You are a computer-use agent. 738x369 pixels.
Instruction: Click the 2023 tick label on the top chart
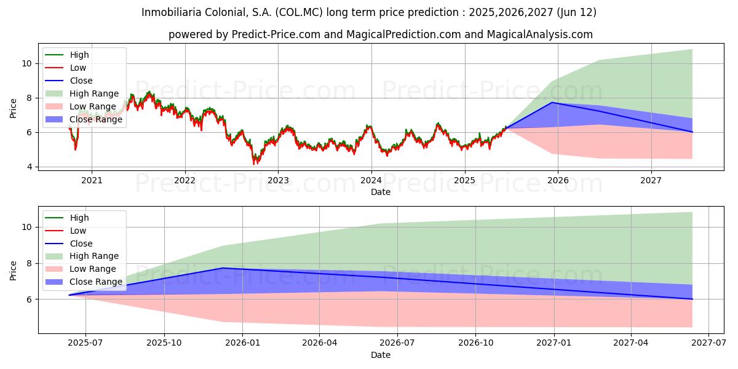click(278, 181)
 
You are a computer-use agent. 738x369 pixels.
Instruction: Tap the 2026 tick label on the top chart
click(558, 181)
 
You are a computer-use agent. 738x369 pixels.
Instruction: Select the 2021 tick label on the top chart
click(92, 181)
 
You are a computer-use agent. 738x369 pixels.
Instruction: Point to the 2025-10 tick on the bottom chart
click(164, 343)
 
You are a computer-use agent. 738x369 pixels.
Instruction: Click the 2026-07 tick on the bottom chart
click(397, 343)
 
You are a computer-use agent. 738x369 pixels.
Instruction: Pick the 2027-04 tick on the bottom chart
click(631, 343)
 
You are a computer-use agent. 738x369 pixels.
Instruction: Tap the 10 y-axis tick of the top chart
click(27, 63)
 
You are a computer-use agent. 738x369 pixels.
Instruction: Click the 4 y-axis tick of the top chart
click(30, 167)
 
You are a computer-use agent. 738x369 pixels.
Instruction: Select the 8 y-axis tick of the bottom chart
click(30, 263)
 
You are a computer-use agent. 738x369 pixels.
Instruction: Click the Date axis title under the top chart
click(381, 192)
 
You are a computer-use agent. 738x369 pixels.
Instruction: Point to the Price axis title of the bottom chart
click(13, 271)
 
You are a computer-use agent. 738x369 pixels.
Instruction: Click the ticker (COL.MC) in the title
click(299, 12)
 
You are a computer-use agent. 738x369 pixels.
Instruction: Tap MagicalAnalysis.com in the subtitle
click(540, 34)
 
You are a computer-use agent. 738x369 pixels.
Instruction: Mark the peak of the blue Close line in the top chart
click(552, 103)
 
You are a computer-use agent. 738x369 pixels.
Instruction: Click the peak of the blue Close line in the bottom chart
click(223, 268)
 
